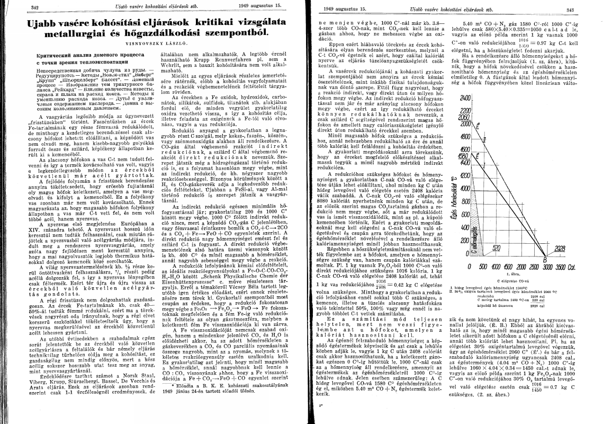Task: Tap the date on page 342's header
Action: point(254,6)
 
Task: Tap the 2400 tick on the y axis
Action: point(451,99)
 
